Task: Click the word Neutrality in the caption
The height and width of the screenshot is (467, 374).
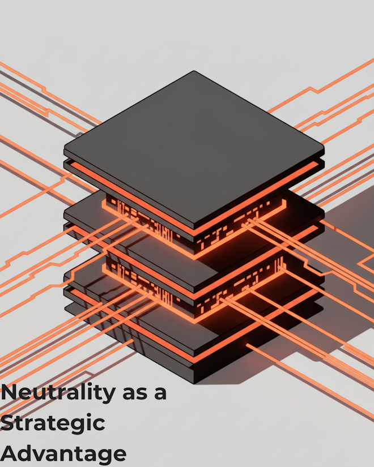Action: click(x=57, y=392)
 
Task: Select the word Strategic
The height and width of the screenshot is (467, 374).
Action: click(x=53, y=423)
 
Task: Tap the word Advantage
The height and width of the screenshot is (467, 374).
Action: click(x=63, y=454)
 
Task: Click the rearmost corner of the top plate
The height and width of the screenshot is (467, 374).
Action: click(x=194, y=72)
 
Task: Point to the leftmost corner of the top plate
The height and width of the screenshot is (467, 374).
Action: click(x=65, y=148)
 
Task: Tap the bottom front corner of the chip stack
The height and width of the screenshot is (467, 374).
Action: click(x=194, y=383)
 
